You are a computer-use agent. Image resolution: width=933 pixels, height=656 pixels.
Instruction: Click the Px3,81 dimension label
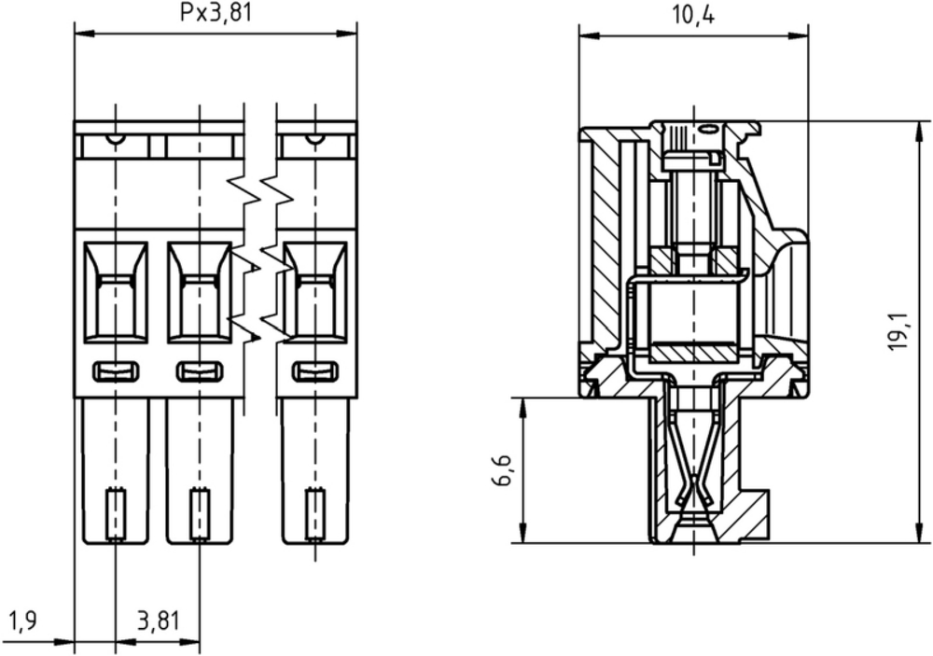pyautogui.click(x=216, y=12)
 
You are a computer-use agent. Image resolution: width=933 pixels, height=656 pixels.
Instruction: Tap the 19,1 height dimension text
pyautogui.click(x=899, y=331)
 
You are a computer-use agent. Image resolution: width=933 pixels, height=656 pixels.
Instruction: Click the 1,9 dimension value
pyautogui.click(x=24, y=621)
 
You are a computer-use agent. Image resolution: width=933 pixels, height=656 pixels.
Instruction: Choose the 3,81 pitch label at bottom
pyautogui.click(x=158, y=621)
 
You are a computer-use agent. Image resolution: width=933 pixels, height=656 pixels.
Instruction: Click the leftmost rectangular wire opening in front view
pyautogui.click(x=116, y=292)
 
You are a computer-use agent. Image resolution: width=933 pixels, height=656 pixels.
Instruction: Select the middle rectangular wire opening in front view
pyautogui.click(x=200, y=292)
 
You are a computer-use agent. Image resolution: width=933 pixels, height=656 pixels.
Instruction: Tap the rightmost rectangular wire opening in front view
pyautogui.click(x=314, y=292)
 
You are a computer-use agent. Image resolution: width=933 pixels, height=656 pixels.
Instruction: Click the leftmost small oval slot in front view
pyautogui.click(x=116, y=371)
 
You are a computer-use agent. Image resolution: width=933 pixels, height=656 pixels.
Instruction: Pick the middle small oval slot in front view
pyautogui.click(x=200, y=371)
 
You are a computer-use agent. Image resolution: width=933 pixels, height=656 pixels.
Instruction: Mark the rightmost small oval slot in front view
pyautogui.click(x=315, y=371)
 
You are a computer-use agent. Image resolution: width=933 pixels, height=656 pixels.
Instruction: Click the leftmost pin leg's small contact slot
pyautogui.click(x=116, y=514)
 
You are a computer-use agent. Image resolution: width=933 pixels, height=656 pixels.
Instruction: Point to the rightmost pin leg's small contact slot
pyautogui.click(x=314, y=514)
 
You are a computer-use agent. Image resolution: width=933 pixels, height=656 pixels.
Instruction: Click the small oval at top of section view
pyautogui.click(x=708, y=128)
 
